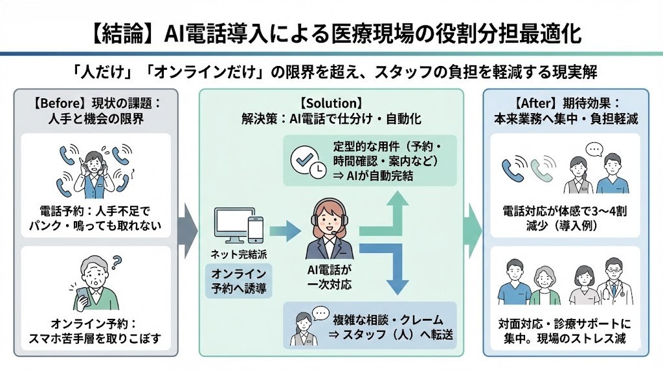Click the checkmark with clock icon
pyautogui.click(x=308, y=161)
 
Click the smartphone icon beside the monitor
pyautogui.click(x=256, y=228)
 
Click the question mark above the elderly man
pyautogui.click(x=117, y=263)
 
